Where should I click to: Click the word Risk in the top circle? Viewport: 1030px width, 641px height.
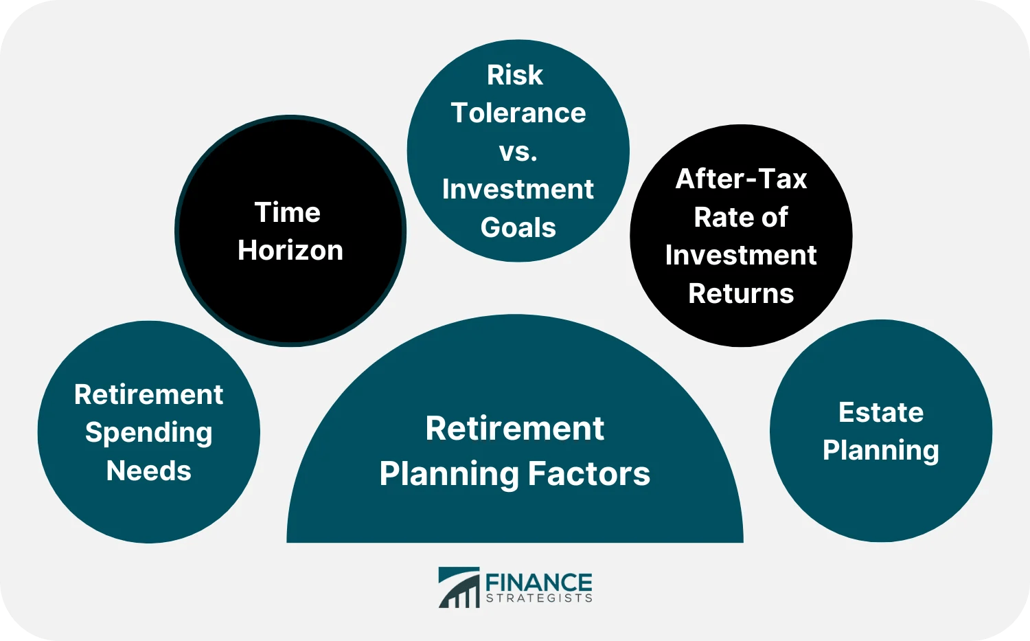[515, 76]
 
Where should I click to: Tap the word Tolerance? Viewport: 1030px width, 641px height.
[518, 113]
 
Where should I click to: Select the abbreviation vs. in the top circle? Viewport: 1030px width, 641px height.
[518, 152]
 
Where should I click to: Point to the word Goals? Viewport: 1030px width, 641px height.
[518, 227]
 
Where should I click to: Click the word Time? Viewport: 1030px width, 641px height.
[288, 213]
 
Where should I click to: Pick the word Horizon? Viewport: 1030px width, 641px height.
[290, 251]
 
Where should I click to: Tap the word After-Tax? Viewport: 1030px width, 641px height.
[742, 179]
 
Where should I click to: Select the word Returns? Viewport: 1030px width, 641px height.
[742, 294]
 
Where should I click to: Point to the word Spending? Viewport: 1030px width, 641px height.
[149, 434]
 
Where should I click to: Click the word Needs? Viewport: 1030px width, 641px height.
[149, 471]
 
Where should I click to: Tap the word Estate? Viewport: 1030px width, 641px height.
[881, 413]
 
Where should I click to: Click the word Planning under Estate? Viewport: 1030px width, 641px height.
[881, 451]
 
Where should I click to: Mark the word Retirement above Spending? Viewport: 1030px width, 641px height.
[149, 395]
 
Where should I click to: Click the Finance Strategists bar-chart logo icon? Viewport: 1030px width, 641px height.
[459, 588]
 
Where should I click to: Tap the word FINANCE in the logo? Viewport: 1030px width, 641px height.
[538, 583]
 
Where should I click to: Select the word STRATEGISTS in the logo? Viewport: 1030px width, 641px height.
[538, 598]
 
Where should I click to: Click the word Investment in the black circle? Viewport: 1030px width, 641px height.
[742, 256]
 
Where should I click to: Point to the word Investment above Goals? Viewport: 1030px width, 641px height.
[518, 190]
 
